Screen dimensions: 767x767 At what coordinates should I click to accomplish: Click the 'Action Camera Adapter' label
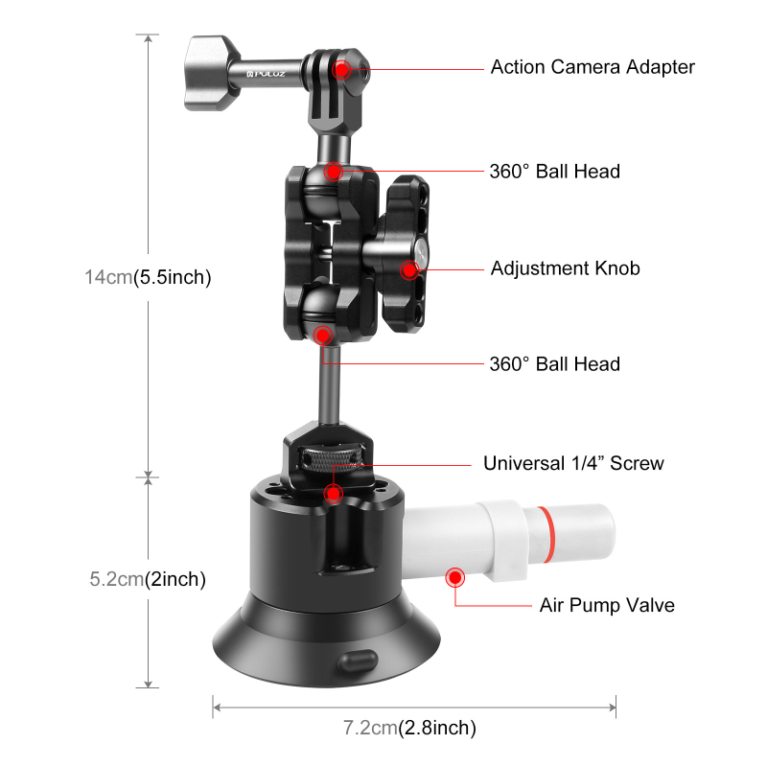tap(592, 67)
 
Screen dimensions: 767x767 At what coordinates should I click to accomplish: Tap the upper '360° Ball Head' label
tap(554, 172)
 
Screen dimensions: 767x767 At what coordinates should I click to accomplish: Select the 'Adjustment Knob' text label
tap(565, 268)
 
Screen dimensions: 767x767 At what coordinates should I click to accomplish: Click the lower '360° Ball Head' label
tap(554, 364)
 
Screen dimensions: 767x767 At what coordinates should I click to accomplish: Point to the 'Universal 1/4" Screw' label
tap(573, 464)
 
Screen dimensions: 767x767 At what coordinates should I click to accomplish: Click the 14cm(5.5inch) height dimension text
tap(147, 278)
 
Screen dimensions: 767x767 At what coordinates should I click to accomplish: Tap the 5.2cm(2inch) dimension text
tap(147, 579)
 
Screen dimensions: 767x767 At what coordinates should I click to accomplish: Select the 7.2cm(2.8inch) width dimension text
tap(409, 728)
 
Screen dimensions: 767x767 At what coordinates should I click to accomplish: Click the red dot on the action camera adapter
tap(341, 69)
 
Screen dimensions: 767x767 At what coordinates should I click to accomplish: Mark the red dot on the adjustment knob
tap(410, 269)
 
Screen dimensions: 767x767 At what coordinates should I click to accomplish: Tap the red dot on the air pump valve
tap(453, 577)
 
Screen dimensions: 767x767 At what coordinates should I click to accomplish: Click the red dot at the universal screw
tap(333, 494)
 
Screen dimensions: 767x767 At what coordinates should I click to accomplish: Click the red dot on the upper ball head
tap(333, 172)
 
